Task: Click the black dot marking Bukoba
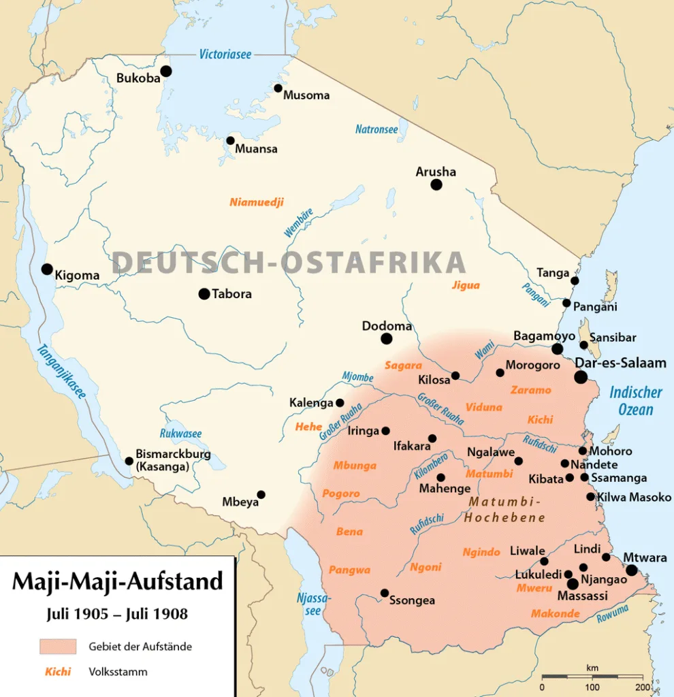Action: pyautogui.click(x=165, y=71)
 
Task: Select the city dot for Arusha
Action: pyautogui.click(x=436, y=184)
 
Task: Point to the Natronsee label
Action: pyautogui.click(x=376, y=129)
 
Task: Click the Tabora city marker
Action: pyautogui.click(x=204, y=294)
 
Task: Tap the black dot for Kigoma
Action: pyautogui.click(x=46, y=269)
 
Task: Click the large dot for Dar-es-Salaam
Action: pyautogui.click(x=581, y=377)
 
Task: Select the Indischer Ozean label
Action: pyautogui.click(x=635, y=401)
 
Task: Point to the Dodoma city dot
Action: pyautogui.click(x=387, y=339)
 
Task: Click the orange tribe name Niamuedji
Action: pyautogui.click(x=256, y=202)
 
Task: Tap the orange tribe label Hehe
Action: pyautogui.click(x=308, y=427)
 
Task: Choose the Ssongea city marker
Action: pyautogui.click(x=385, y=593)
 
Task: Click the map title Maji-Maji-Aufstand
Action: pyautogui.click(x=118, y=581)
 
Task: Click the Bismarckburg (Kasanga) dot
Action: pyautogui.click(x=129, y=461)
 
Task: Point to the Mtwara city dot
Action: pyautogui.click(x=632, y=570)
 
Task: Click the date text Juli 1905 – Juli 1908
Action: pyautogui.click(x=117, y=613)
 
